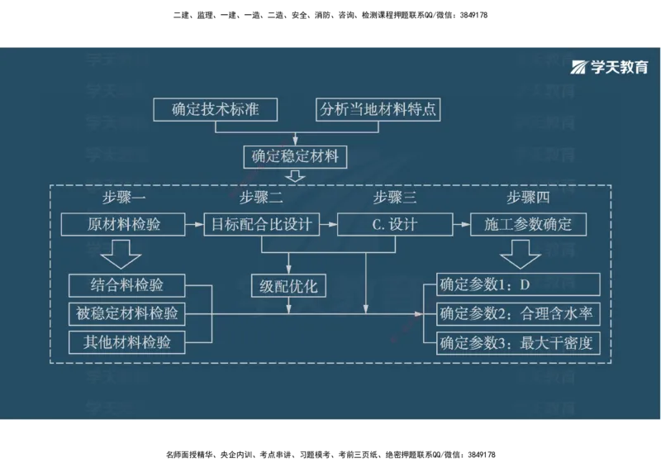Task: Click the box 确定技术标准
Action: click(x=215, y=109)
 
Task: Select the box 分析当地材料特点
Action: click(x=378, y=109)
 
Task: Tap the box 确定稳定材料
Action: click(x=295, y=155)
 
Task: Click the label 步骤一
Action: click(x=125, y=198)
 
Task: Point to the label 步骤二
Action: click(x=261, y=198)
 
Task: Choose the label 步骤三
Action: click(x=394, y=198)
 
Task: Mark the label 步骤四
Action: click(x=528, y=198)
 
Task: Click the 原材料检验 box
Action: click(x=124, y=224)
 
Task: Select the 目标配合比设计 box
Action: click(x=262, y=224)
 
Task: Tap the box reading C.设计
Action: click(x=395, y=224)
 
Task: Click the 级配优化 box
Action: click(x=288, y=287)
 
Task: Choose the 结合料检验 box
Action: click(x=127, y=286)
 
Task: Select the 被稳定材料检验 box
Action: click(x=127, y=313)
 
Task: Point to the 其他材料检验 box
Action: click(x=127, y=341)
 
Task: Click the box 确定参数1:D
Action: click(x=517, y=286)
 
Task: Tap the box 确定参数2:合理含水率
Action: click(x=517, y=313)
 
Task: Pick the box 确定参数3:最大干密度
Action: click(x=517, y=341)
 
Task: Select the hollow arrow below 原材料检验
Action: click(x=125, y=253)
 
